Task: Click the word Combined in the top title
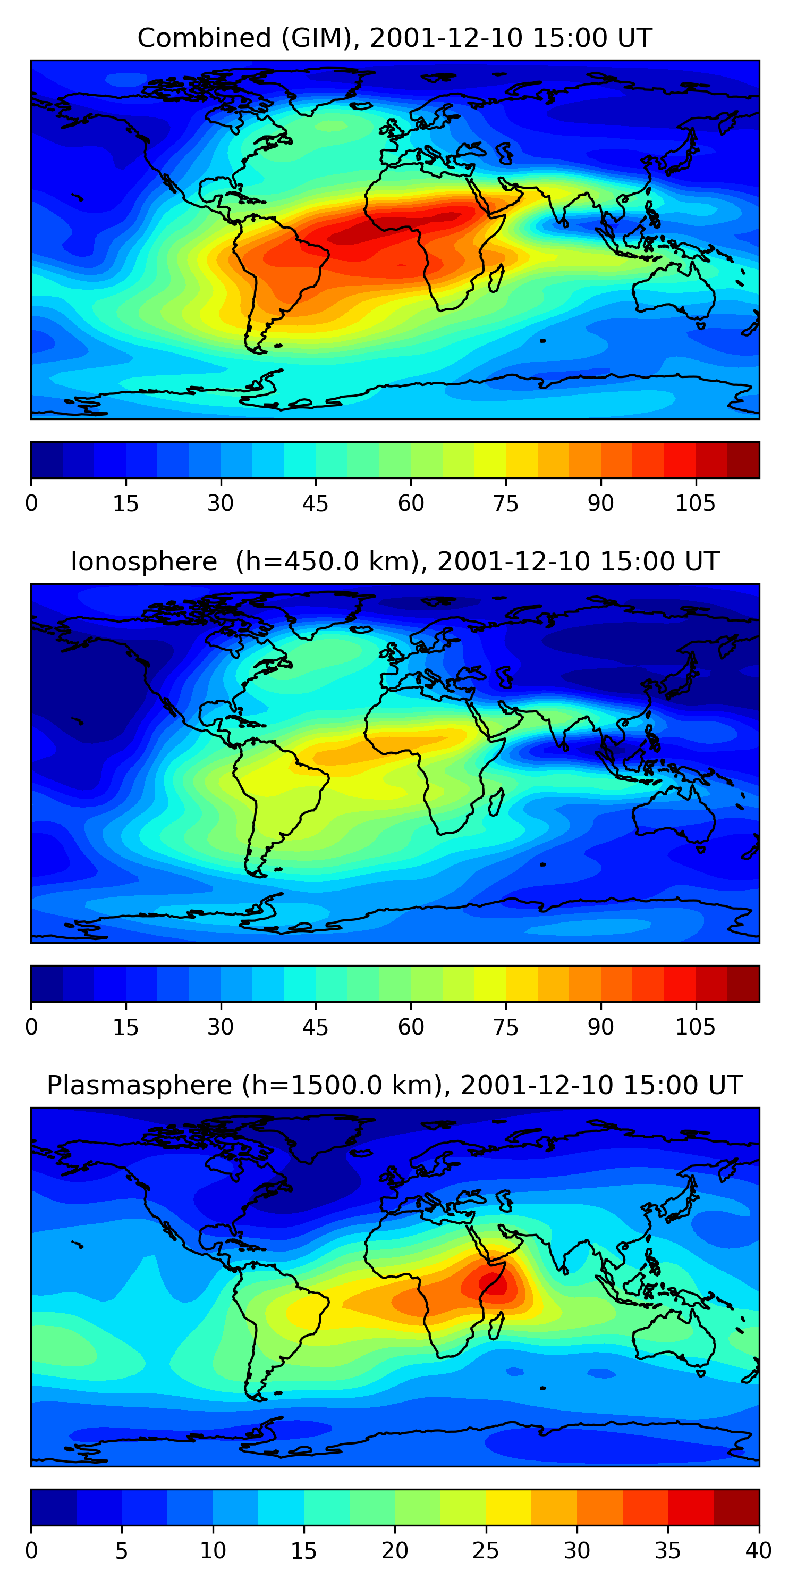pyautogui.click(x=204, y=38)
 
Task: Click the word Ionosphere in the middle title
pyautogui.click(x=143, y=561)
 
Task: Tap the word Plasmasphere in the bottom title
pyautogui.click(x=139, y=1086)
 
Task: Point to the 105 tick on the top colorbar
pyautogui.click(x=695, y=503)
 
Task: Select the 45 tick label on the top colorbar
pyautogui.click(x=315, y=503)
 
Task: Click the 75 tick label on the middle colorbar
pyautogui.click(x=505, y=1027)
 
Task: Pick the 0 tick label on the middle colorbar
pyautogui.click(x=31, y=1027)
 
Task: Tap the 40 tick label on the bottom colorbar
pyautogui.click(x=758, y=1550)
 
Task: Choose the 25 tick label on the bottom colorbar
pyautogui.click(x=486, y=1550)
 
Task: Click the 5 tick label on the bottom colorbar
pyautogui.click(x=121, y=1550)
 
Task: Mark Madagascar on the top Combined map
pyautogui.click(x=496, y=279)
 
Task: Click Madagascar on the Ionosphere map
pyautogui.click(x=496, y=802)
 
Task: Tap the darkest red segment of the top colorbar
pyautogui.click(x=743, y=460)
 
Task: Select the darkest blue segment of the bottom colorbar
pyautogui.click(x=53, y=1507)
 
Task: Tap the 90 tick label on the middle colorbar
pyautogui.click(x=600, y=1027)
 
